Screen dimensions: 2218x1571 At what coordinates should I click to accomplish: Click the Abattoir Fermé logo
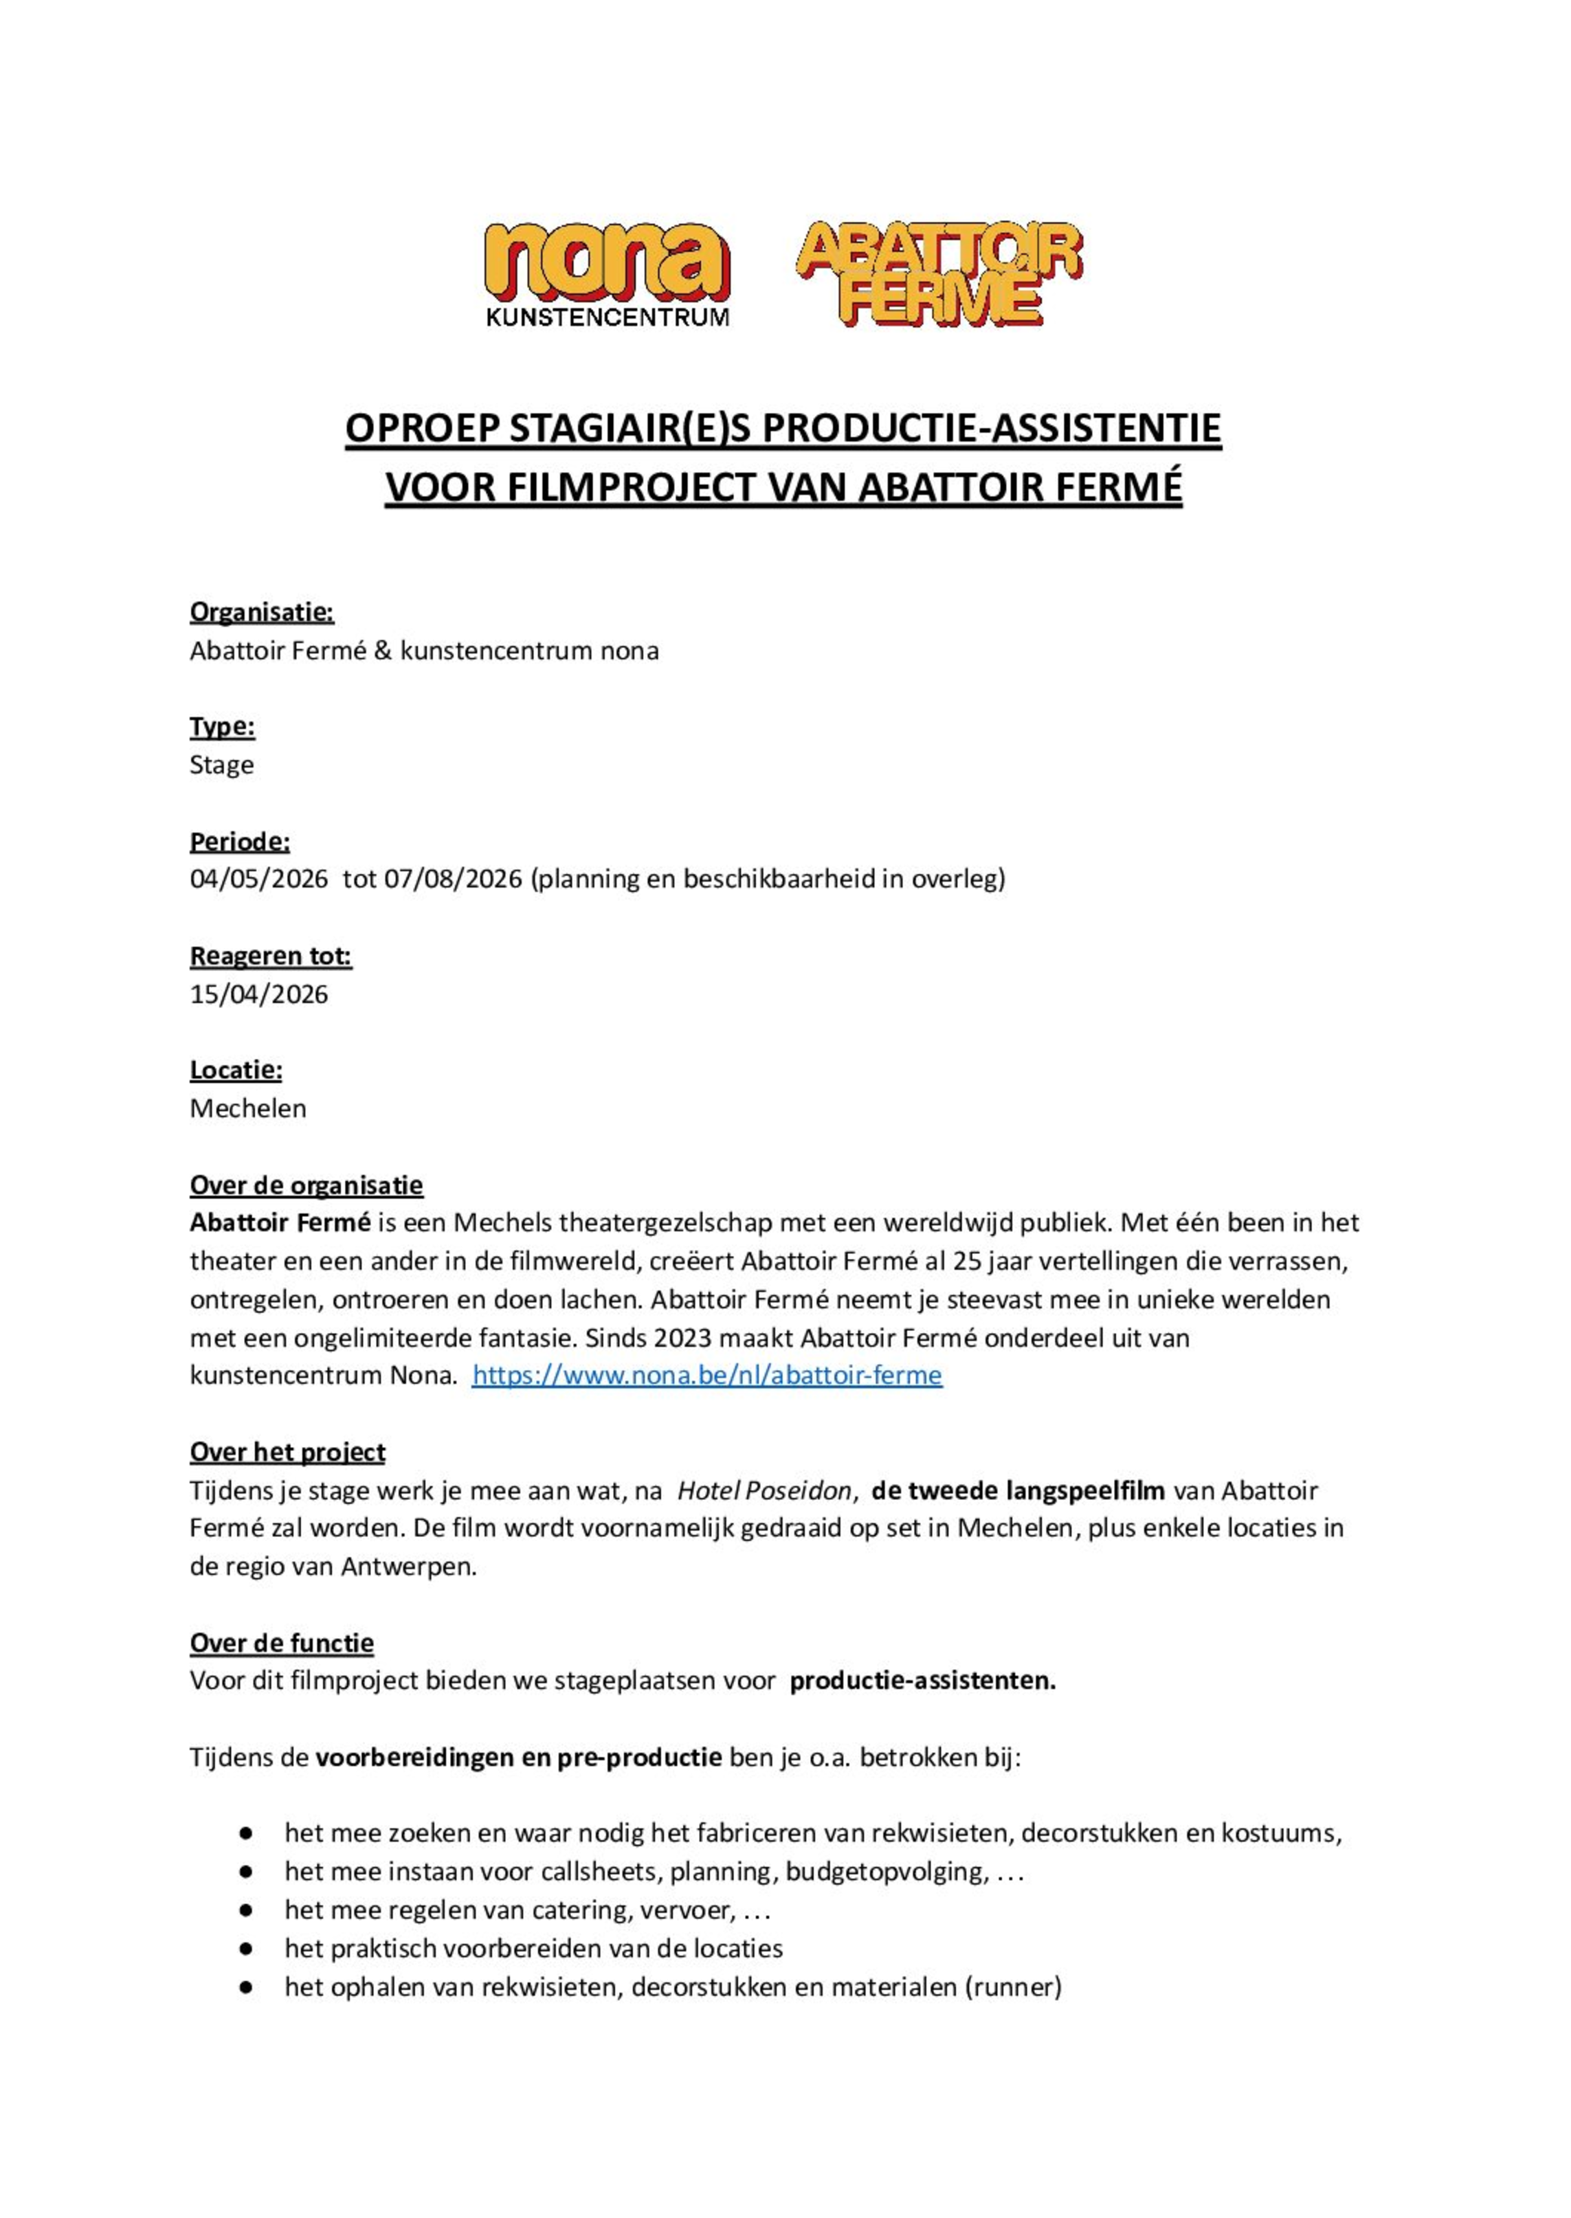[938, 273]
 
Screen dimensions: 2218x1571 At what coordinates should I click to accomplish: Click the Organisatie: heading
[261, 612]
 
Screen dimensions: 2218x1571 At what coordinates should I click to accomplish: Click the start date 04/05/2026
[258, 880]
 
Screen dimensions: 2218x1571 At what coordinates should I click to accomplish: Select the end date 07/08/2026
[453, 880]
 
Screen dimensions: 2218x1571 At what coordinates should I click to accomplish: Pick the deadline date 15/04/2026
[258, 994]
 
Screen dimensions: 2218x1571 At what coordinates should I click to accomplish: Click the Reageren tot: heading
[270, 956]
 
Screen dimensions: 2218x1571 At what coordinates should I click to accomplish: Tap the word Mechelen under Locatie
[247, 1108]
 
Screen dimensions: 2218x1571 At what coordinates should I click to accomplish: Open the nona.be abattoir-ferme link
[706, 1376]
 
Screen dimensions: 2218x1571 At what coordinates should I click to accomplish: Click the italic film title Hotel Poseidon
[764, 1490]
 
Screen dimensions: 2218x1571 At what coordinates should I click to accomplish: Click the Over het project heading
[287, 1452]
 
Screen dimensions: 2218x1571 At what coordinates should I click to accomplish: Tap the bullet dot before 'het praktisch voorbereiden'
[246, 1948]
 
